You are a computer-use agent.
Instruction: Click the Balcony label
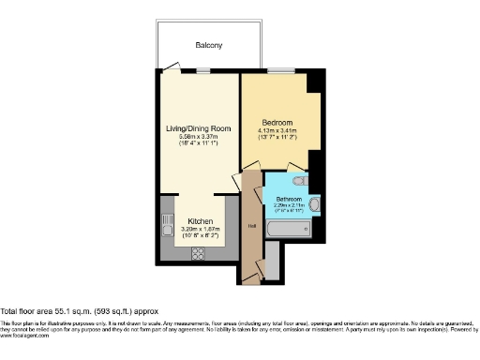209,45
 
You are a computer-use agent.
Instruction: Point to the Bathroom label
288,199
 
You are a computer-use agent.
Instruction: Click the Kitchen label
199,221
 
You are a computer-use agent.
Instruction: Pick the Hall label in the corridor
251,226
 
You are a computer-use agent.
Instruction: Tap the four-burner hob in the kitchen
199,250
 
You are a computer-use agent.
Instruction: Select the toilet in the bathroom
298,180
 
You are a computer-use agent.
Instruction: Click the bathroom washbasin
315,203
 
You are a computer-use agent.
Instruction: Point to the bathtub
282,228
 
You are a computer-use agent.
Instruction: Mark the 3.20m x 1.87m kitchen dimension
199,230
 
